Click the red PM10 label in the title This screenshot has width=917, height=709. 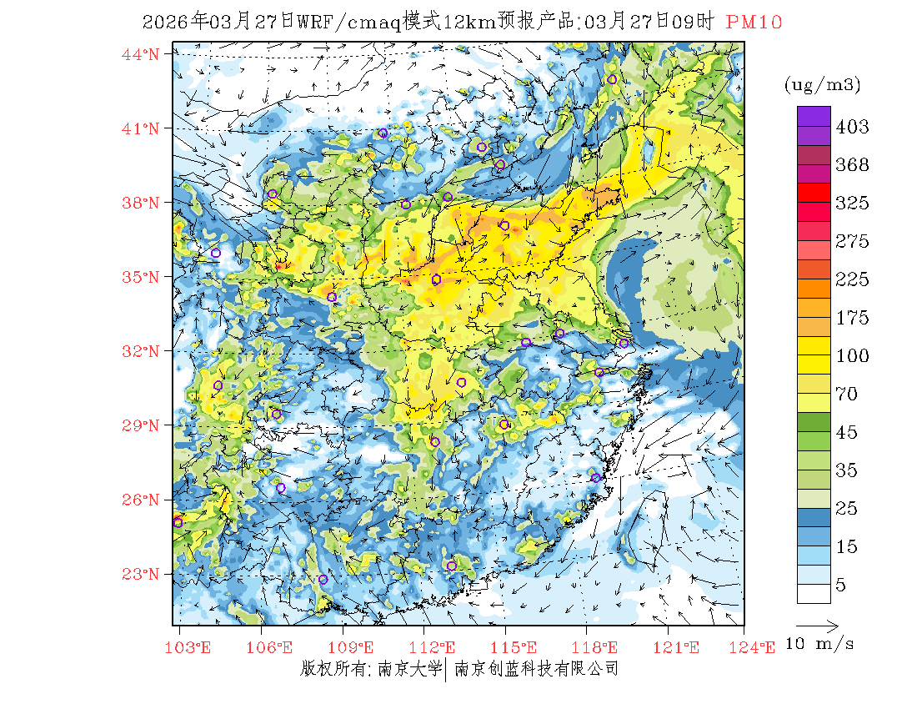(x=754, y=23)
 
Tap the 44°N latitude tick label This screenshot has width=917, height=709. (x=141, y=54)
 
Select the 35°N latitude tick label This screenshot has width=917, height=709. (x=141, y=277)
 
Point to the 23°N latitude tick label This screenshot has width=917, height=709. (x=141, y=574)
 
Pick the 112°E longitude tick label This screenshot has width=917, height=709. (x=437, y=647)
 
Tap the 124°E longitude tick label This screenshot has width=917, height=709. (x=758, y=647)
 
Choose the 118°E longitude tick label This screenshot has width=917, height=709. (x=599, y=647)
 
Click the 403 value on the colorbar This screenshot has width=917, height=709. (x=852, y=127)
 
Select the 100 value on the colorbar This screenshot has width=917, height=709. (x=852, y=356)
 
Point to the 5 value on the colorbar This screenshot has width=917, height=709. (x=841, y=586)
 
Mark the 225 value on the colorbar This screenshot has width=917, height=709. (x=852, y=279)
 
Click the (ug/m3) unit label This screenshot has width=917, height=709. (x=822, y=85)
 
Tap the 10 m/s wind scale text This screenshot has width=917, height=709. (x=820, y=644)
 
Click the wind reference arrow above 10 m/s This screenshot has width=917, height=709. (x=817, y=624)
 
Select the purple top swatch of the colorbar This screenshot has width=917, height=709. (x=813, y=116)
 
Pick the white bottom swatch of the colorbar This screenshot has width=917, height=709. (x=813, y=593)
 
